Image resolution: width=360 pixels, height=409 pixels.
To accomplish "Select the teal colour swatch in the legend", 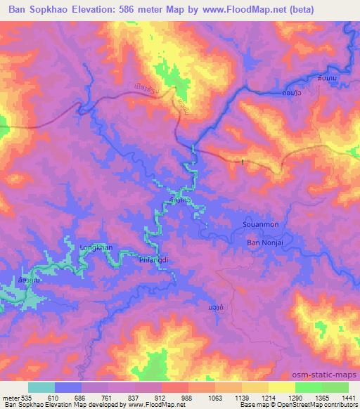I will [41, 387].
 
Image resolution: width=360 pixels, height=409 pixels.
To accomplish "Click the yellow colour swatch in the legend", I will [281, 387].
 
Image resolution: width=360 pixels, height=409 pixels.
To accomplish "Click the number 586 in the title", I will [127, 9].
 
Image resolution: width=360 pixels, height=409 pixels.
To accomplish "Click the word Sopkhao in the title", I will [40, 9].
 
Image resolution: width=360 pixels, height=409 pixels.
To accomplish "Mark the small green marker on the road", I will [243, 162].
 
